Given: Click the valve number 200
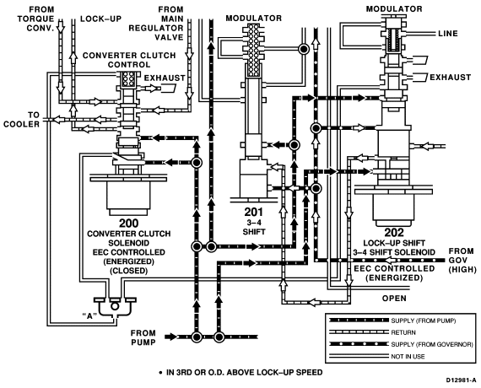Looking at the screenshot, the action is pyautogui.click(x=128, y=223).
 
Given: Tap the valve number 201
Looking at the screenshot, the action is pyautogui.click(x=253, y=212).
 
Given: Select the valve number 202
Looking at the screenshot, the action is pyautogui.click(x=394, y=232).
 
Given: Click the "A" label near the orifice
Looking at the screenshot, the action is pyautogui.click(x=89, y=315).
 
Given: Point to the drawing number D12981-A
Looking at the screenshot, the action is pyautogui.click(x=462, y=380).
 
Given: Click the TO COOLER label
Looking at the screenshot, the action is pyautogui.click(x=21, y=120).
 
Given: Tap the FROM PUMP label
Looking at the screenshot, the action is pyautogui.click(x=143, y=337).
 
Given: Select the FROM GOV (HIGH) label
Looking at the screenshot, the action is pyautogui.click(x=462, y=261).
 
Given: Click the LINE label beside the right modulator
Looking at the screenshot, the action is pyautogui.click(x=448, y=34).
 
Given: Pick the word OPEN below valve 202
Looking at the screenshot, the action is pyautogui.click(x=394, y=298).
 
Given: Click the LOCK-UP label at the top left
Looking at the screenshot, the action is pyautogui.click(x=101, y=19).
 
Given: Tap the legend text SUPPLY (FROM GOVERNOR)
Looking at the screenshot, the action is pyautogui.click(x=432, y=344).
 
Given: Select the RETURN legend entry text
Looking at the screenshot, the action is pyautogui.click(x=403, y=332).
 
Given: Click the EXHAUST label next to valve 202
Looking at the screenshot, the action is pyautogui.click(x=450, y=78).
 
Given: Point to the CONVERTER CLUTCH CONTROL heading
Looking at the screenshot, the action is pyautogui.click(x=129, y=60).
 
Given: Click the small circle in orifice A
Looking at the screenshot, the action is pyautogui.click(x=115, y=306).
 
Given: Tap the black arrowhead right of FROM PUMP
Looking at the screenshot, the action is pyautogui.click(x=171, y=337).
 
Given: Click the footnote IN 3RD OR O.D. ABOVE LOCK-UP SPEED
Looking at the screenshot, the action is pyautogui.click(x=240, y=372).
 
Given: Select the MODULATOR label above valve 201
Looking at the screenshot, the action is pyautogui.click(x=254, y=19).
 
